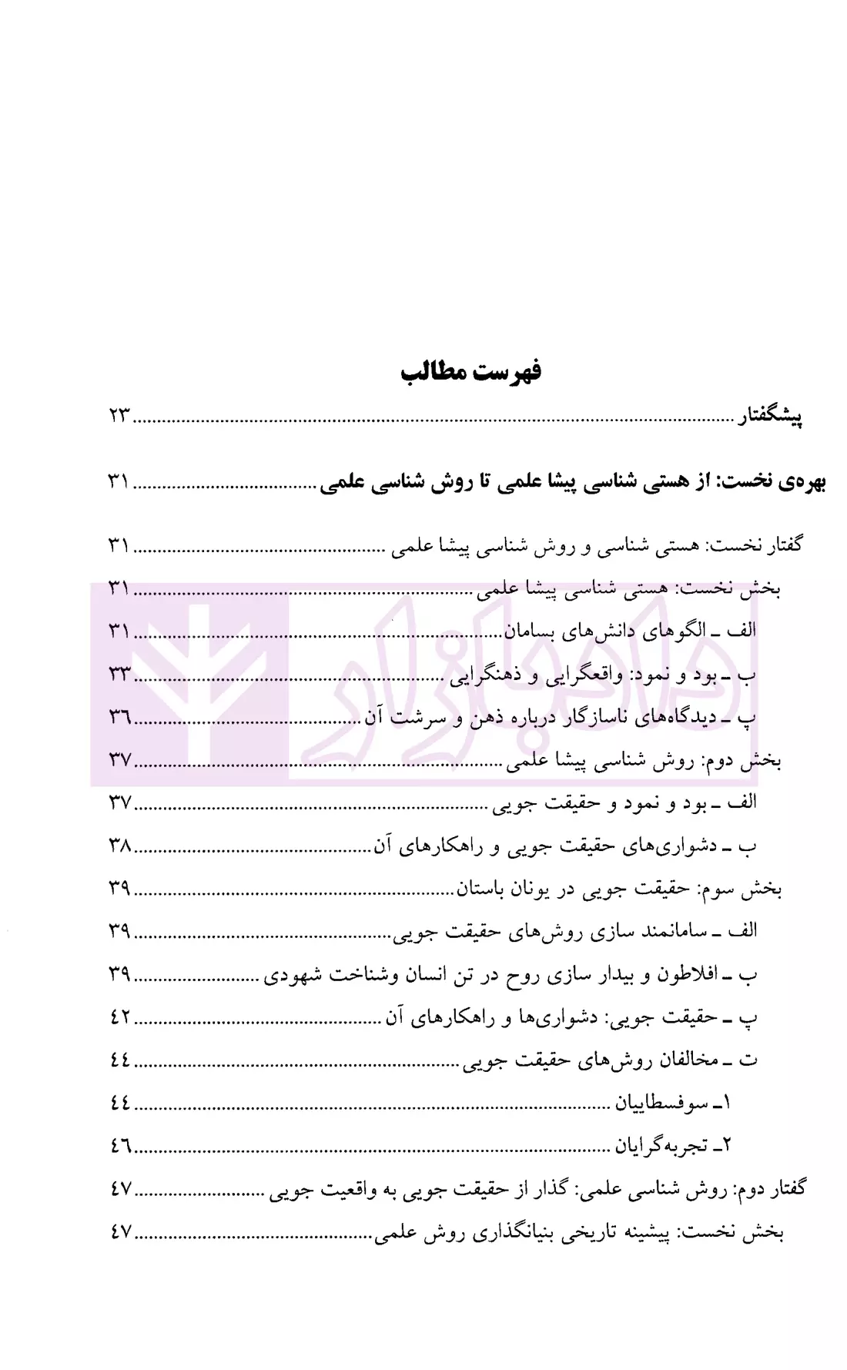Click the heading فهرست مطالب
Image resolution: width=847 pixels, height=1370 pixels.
(x=470, y=372)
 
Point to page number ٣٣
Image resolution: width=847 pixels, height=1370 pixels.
(x=120, y=675)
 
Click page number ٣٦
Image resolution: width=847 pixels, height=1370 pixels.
(x=120, y=718)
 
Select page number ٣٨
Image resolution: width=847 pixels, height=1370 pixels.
(x=120, y=846)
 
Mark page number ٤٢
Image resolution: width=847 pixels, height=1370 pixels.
(x=120, y=1017)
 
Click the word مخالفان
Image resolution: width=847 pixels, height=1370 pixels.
(x=688, y=1060)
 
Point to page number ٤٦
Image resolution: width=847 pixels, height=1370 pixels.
(x=120, y=1147)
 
